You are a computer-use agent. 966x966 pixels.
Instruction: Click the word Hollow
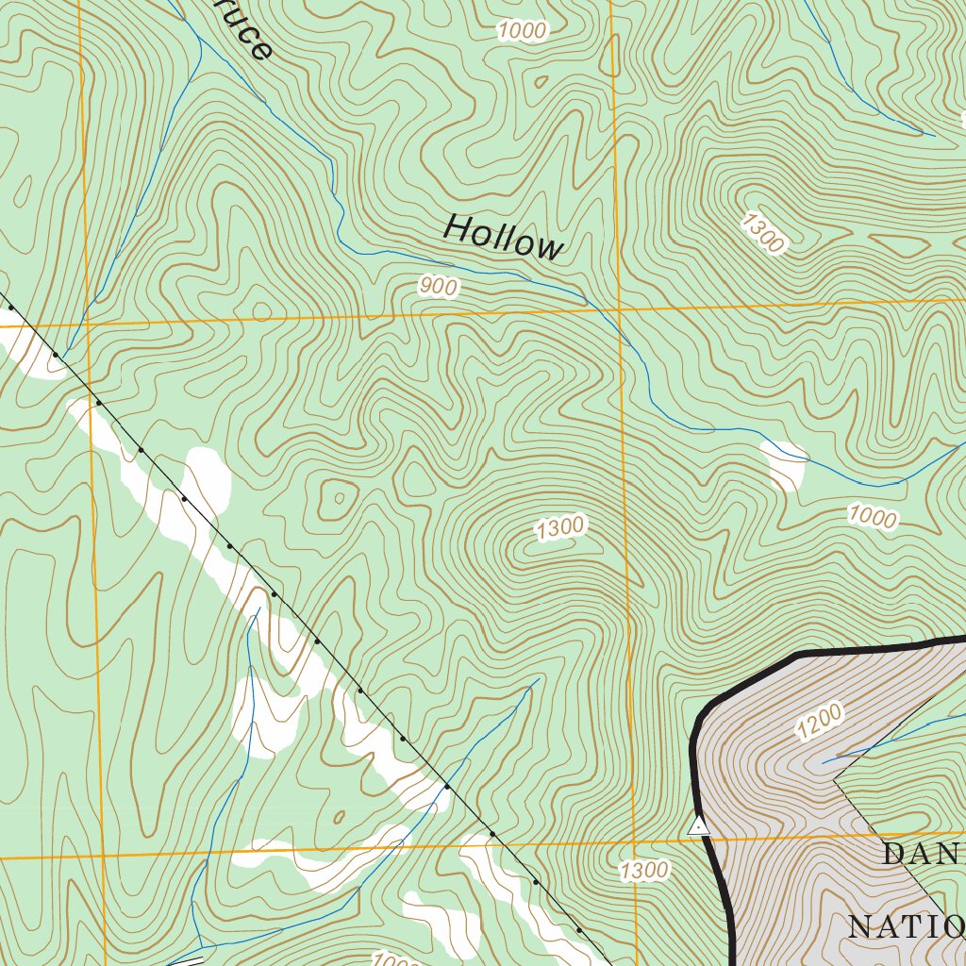503,237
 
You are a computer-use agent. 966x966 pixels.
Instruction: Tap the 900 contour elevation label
439,287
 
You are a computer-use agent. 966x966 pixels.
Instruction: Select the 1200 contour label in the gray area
819,722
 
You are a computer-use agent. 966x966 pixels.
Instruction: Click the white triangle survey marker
698,827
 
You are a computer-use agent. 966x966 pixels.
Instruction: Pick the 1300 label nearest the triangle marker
645,870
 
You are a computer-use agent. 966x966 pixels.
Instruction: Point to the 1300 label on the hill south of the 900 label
560,528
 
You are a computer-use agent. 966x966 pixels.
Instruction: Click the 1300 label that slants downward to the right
762,233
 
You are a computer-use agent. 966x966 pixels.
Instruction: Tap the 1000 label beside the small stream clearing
872,516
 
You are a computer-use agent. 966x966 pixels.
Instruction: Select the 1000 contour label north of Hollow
522,31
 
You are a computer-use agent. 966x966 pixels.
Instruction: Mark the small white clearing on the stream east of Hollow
783,465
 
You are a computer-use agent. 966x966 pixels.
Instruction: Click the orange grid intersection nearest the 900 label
619,309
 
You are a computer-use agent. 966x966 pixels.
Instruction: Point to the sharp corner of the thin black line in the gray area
835,779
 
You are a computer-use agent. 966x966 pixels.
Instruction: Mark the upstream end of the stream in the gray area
823,762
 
